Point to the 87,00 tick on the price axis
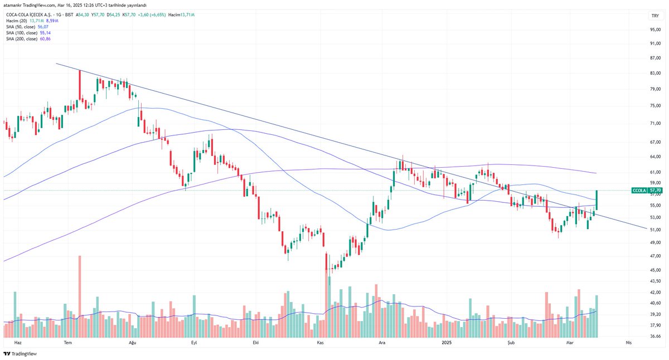tap(655, 58)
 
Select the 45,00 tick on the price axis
tap(655, 270)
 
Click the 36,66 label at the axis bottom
tap(655, 336)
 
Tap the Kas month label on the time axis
tap(320, 343)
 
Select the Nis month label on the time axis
tap(629, 343)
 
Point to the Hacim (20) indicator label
tap(15, 20)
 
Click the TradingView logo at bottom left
tap(16, 354)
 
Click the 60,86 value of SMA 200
tap(47, 38)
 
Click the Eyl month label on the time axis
tap(194, 343)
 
